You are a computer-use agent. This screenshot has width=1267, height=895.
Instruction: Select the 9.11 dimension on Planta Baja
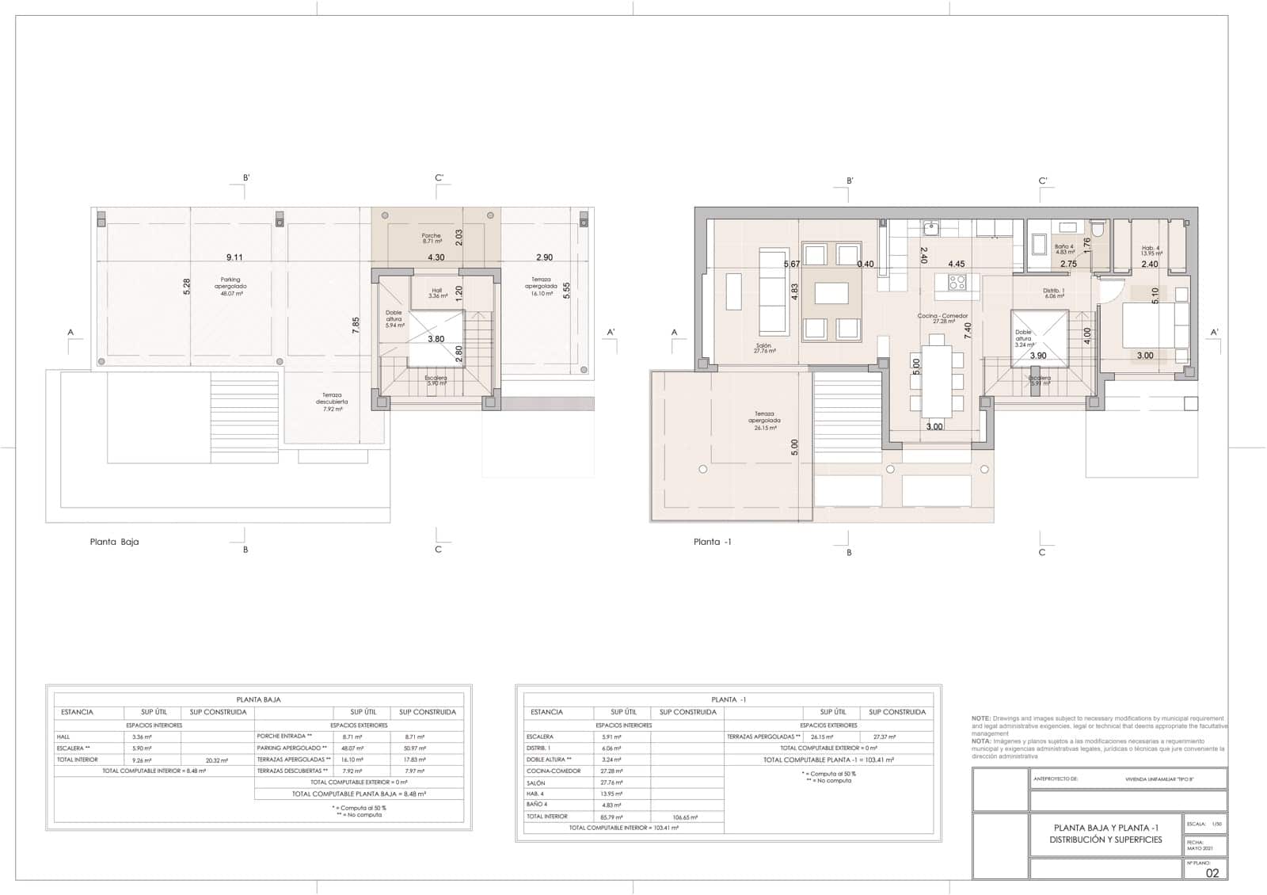[234, 257]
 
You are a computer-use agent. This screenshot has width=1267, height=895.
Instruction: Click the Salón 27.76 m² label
[764, 348]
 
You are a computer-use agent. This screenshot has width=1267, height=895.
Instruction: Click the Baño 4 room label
[1064, 249]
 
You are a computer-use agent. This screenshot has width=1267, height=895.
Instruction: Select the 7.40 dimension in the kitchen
[968, 330]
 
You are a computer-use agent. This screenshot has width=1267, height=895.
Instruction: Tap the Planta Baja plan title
[115, 543]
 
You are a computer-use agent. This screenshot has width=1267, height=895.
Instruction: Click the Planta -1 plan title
[707, 543]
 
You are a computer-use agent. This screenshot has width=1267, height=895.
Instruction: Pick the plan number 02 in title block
[1212, 874]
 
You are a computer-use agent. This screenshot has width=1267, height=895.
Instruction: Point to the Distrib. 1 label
[1053, 293]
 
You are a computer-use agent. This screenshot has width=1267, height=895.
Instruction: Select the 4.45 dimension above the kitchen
[956, 265]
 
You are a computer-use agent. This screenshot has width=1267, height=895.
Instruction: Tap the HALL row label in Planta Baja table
[63, 737]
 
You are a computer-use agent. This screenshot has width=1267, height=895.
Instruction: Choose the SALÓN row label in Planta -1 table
[535, 783]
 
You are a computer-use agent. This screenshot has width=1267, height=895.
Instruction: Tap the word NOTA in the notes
[981, 741]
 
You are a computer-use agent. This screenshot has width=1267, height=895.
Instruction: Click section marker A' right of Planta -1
[1214, 333]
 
